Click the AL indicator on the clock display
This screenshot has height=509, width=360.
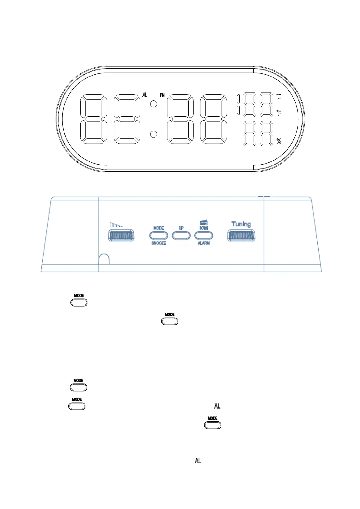point(145,95)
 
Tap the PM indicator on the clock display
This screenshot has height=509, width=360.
point(162,95)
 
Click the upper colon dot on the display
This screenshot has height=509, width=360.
point(154,104)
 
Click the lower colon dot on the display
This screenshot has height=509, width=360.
point(154,134)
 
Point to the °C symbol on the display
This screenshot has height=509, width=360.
point(279,96)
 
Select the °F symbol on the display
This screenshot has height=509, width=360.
point(279,113)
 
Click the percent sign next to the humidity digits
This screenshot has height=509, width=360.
point(279,141)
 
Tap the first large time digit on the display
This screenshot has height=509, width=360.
point(94,119)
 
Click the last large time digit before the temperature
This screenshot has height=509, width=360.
point(213,119)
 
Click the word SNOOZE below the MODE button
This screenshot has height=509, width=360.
point(159,243)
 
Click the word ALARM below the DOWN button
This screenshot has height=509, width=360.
point(204,243)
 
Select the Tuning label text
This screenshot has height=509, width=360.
point(241,224)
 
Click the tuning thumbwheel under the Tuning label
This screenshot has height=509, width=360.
point(241,235)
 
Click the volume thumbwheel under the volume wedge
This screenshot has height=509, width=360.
point(121,235)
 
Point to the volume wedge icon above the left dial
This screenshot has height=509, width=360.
point(116,225)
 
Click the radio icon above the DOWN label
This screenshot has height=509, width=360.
point(204,223)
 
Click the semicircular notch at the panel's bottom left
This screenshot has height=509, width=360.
point(104,259)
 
